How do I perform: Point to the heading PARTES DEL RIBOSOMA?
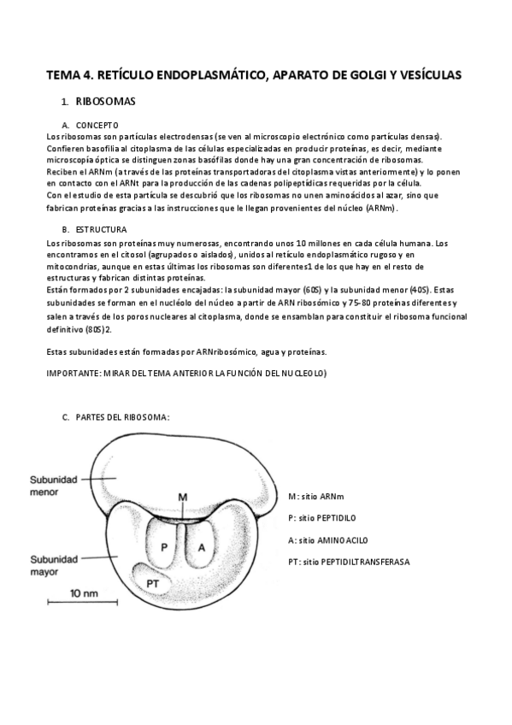[x=122, y=417]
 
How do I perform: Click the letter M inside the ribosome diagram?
[x=182, y=497]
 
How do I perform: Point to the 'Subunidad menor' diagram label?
[x=54, y=486]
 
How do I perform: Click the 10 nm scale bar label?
[x=82, y=592]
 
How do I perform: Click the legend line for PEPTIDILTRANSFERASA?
[x=349, y=562]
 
